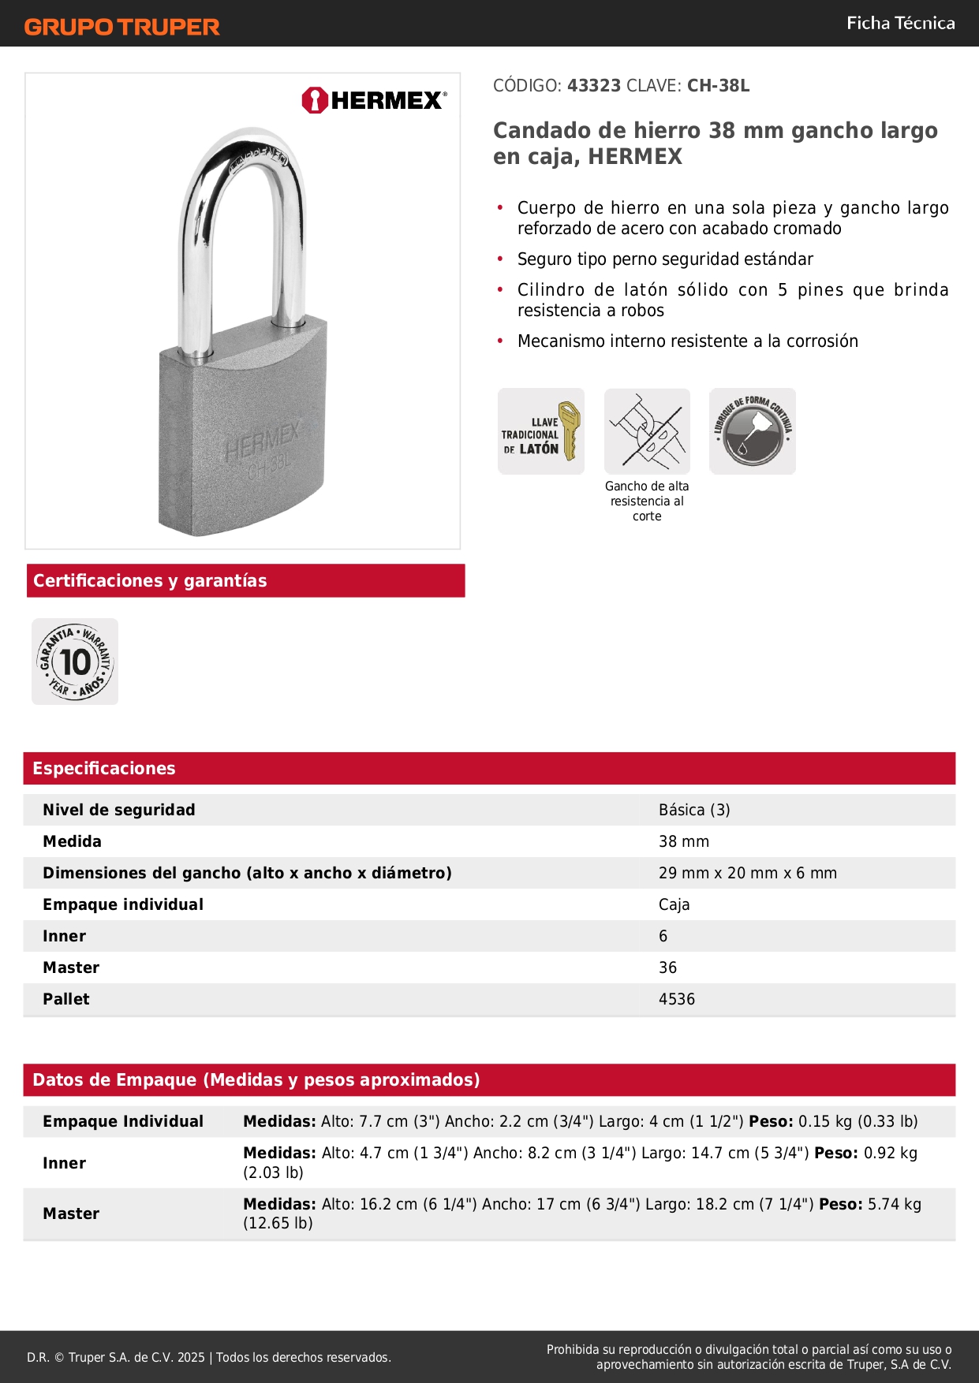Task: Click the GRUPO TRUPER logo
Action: click(121, 27)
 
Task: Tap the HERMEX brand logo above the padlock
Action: click(374, 100)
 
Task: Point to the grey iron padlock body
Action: click(243, 442)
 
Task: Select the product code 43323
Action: click(594, 86)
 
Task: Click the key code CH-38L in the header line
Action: click(718, 86)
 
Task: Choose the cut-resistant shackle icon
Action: click(647, 431)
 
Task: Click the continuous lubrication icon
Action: click(753, 431)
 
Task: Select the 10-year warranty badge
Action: click(75, 662)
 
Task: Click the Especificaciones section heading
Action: click(104, 769)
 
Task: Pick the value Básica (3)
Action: click(694, 810)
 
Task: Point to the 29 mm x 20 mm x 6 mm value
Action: click(748, 873)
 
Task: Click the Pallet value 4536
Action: click(677, 999)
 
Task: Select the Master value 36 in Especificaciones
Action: click(667, 967)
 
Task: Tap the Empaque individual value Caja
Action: click(674, 904)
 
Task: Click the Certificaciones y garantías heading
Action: click(150, 581)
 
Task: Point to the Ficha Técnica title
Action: click(900, 24)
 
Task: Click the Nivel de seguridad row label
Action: click(119, 810)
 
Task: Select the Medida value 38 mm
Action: click(684, 841)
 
